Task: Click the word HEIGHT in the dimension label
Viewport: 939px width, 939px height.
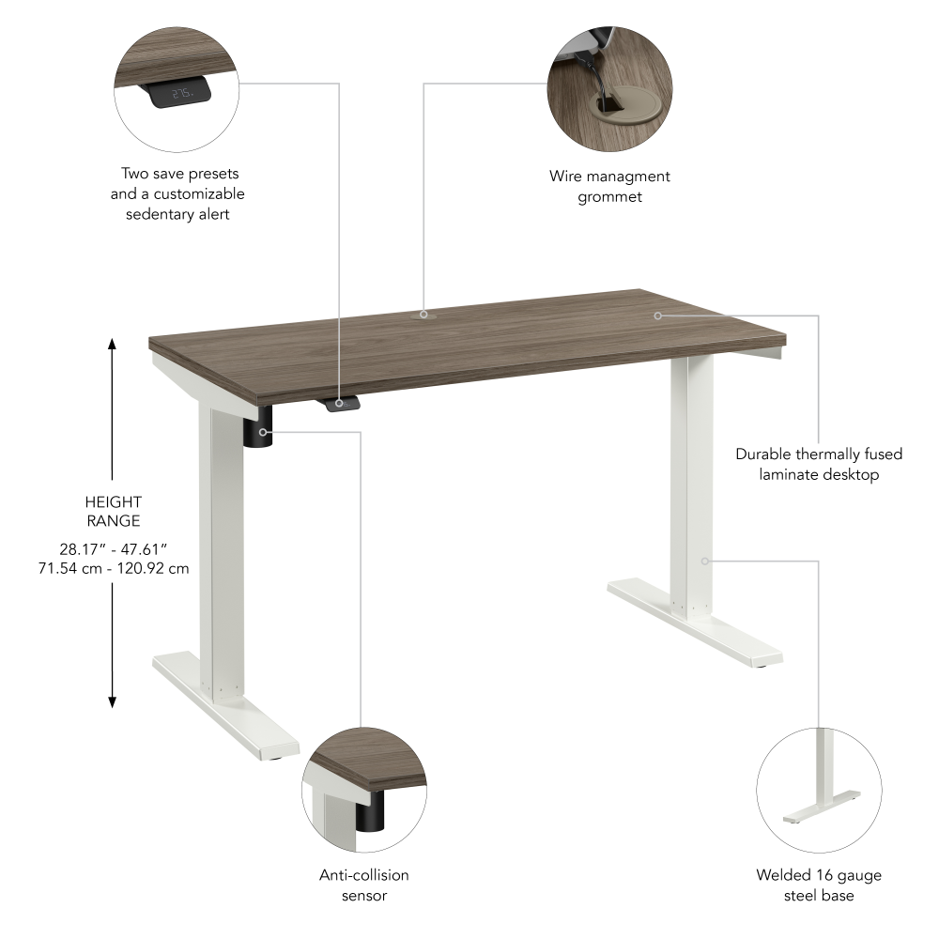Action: [x=113, y=502]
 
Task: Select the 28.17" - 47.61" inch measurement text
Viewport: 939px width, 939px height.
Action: [x=113, y=548]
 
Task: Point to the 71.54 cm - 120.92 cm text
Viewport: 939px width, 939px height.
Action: [x=113, y=568]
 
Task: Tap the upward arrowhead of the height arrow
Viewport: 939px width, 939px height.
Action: [x=113, y=345]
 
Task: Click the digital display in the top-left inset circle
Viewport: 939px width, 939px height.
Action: [x=182, y=93]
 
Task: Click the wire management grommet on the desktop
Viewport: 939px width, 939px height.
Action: [x=423, y=316]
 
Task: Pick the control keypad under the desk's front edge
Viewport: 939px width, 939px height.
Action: [x=339, y=403]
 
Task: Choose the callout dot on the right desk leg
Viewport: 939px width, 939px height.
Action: [x=704, y=561]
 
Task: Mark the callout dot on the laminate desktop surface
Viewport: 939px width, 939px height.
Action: [x=658, y=316]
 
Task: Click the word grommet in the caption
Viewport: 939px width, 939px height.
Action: [x=609, y=196]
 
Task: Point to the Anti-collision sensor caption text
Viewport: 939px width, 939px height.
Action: [x=363, y=885]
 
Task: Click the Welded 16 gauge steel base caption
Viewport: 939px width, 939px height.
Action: [x=819, y=885]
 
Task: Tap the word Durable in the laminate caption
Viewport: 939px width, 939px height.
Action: [x=762, y=454]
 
